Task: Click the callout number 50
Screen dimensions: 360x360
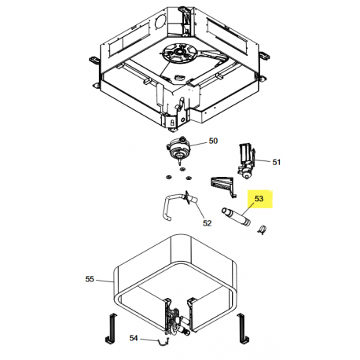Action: pyautogui.click(x=213, y=141)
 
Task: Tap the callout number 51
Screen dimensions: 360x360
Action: pyautogui.click(x=277, y=162)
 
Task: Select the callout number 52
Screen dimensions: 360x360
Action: pyautogui.click(x=207, y=223)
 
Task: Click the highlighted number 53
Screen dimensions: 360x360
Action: pyautogui.click(x=259, y=199)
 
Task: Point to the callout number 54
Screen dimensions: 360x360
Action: pyautogui.click(x=134, y=338)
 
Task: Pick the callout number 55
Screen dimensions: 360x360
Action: pyautogui.click(x=90, y=279)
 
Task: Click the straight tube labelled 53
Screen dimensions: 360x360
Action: pyautogui.click(x=236, y=217)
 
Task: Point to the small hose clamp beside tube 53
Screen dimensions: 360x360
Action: pyautogui.click(x=262, y=230)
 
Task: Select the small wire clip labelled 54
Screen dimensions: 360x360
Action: pyautogui.click(x=163, y=341)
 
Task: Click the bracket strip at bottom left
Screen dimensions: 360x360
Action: pyautogui.click(x=111, y=329)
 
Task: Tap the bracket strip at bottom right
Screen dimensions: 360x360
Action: pyautogui.click(x=242, y=329)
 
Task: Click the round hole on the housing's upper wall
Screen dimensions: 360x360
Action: pyautogui.click(x=160, y=21)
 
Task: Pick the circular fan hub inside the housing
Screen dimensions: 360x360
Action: pyautogui.click(x=180, y=53)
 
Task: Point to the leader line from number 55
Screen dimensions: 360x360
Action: pyautogui.click(x=104, y=281)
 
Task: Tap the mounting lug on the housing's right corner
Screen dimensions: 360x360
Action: pyautogui.click(x=263, y=55)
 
